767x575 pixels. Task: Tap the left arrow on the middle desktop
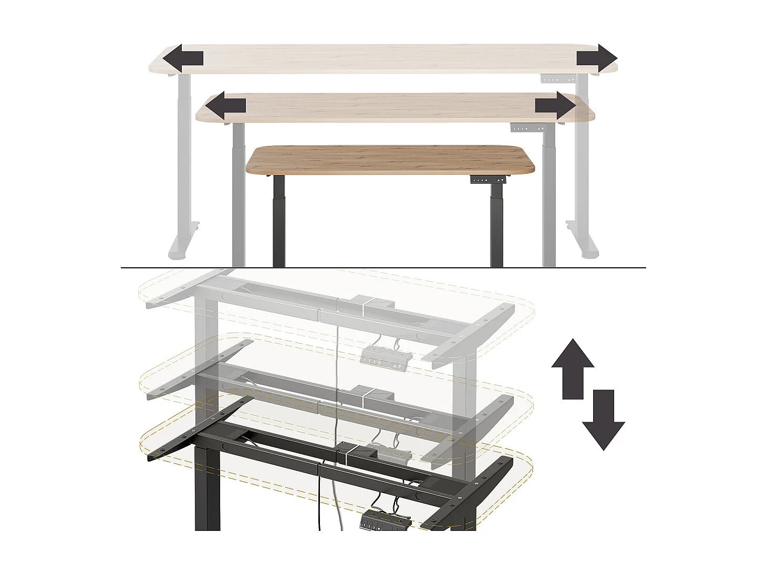(x=225, y=106)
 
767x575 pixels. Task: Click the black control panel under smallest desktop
(x=488, y=180)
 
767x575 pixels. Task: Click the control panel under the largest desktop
(x=558, y=80)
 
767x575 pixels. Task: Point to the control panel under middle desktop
(x=527, y=128)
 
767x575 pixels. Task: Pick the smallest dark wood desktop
(x=391, y=159)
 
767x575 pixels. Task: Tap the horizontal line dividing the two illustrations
(x=383, y=268)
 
